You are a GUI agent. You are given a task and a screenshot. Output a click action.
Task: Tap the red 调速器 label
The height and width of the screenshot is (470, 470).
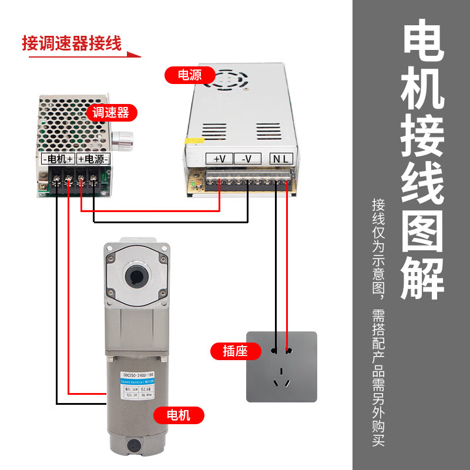pos(112,112)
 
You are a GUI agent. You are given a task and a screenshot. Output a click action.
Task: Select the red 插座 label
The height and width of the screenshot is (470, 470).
pos(234,351)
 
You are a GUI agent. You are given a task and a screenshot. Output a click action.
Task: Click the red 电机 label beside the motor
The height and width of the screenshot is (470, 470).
pos(179,415)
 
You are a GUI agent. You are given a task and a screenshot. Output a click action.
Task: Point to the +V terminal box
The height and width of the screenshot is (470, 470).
pos(219,159)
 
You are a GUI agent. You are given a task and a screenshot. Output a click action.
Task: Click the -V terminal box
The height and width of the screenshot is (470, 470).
pos(247,159)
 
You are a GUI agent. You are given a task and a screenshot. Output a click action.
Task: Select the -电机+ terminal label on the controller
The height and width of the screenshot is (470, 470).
pos(58,159)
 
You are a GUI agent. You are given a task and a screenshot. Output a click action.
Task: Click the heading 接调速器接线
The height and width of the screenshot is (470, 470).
pos(72,43)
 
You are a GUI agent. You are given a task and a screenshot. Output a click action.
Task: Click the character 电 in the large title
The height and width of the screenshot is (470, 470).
pos(423,43)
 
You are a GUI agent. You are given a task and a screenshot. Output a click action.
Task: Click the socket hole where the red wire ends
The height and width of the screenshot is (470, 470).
pos(288,351)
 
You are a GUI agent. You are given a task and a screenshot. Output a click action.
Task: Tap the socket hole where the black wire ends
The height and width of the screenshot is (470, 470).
pos(274,351)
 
